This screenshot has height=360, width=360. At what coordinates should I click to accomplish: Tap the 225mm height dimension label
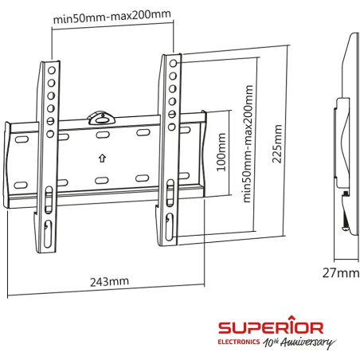click(x=277, y=143)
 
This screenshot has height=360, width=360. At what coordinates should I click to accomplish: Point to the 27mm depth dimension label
click(x=342, y=274)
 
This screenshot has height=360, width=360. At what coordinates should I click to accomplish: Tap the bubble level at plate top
click(x=100, y=115)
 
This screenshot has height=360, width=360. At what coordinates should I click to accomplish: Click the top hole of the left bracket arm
click(x=51, y=70)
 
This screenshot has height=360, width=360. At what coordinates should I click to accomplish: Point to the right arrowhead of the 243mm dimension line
click(x=204, y=293)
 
